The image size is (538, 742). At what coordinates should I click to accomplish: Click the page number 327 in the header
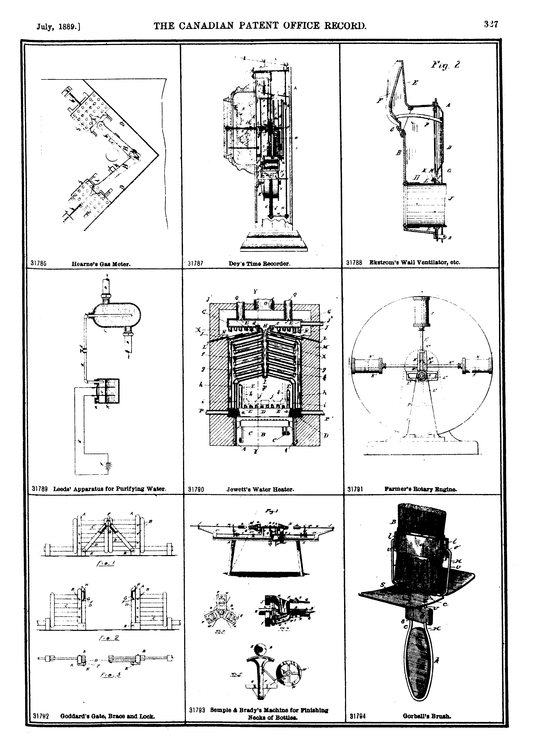[491, 25]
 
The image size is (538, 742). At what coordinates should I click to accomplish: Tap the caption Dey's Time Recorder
[259, 263]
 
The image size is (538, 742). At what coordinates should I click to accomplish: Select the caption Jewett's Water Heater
[260, 490]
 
